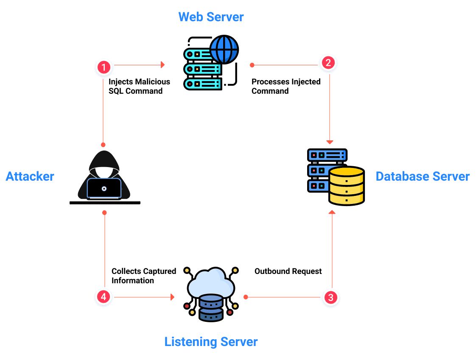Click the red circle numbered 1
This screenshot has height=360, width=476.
(x=104, y=67)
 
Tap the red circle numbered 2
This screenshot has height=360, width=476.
(x=328, y=63)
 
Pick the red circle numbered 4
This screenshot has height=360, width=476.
(x=103, y=297)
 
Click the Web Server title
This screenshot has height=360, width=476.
(x=211, y=17)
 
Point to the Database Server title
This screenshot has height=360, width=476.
(x=423, y=176)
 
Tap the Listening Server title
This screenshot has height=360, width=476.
(x=211, y=341)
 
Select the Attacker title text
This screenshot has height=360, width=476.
(x=30, y=176)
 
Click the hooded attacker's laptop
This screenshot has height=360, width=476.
(x=104, y=188)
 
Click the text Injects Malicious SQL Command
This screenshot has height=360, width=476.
(x=139, y=86)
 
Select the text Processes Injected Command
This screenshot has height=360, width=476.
(x=286, y=86)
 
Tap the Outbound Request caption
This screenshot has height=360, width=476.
(x=288, y=271)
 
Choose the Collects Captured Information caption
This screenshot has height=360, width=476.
(x=143, y=276)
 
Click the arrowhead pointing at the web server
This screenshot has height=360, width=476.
(x=162, y=65)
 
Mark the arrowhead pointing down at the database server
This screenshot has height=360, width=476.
(x=330, y=142)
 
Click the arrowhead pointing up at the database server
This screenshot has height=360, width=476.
(x=332, y=212)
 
